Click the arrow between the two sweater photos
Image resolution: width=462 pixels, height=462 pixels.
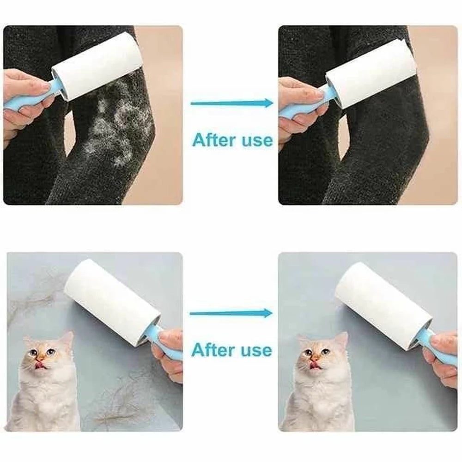click(x=231, y=103)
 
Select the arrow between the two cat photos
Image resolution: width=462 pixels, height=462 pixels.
click(x=231, y=313)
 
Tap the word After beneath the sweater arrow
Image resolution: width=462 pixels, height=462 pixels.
click(x=213, y=140)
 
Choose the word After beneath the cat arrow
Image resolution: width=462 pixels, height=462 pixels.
click(x=213, y=350)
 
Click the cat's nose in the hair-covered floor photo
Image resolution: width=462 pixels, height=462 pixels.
click(x=40, y=357)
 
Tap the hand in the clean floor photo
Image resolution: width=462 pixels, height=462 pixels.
click(x=441, y=356)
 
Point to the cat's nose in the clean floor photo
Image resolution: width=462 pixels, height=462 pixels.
click(x=315, y=357)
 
